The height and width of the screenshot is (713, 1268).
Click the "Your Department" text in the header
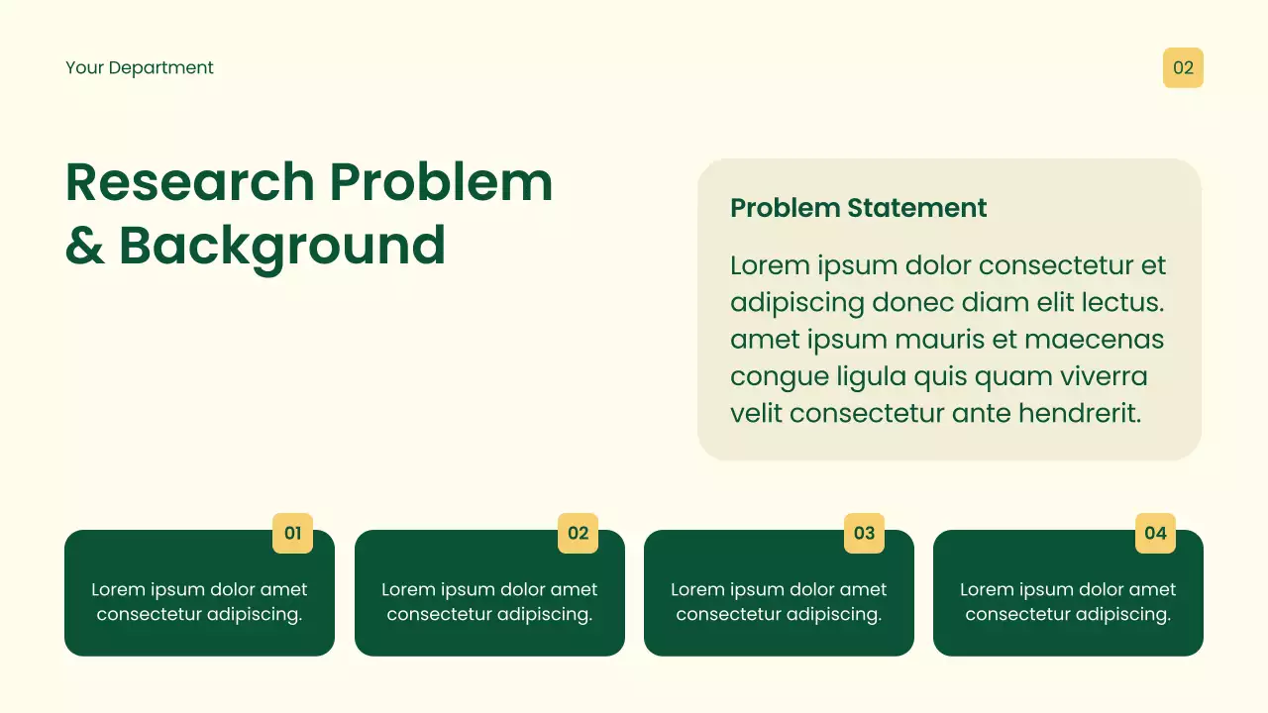pos(140,68)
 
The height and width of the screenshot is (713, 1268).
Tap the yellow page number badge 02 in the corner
pos(1183,68)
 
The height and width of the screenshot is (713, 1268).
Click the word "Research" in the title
pos(189,182)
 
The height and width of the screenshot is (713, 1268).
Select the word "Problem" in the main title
pos(441,182)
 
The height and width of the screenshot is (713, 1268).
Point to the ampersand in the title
pos(84,246)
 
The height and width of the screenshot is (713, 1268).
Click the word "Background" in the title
pos(282,246)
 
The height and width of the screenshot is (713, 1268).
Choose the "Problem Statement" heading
pos(858,208)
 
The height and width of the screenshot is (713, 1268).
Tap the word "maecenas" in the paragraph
pos(1095,340)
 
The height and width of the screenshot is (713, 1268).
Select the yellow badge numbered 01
pos(292,533)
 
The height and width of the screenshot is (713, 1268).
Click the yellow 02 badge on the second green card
pos(578,533)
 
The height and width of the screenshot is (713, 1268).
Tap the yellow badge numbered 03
pos(864,533)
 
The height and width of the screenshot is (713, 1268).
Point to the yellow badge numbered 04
pos(1155,533)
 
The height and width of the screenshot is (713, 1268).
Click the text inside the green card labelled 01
pos(199,602)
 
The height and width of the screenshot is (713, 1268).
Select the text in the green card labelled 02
pos(489,602)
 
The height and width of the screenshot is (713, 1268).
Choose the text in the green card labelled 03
pos(779,602)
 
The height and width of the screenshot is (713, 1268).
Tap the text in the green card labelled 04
pos(1068,602)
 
